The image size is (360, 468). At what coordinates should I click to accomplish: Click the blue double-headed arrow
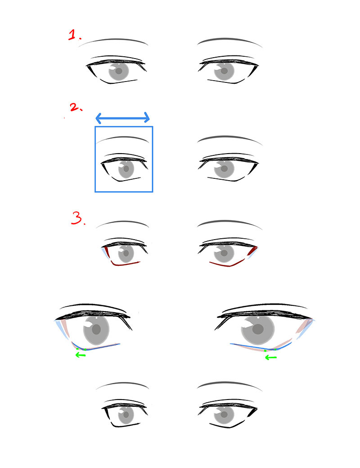[x=122, y=118]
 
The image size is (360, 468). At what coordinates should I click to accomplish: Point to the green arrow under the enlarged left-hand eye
[x=81, y=355]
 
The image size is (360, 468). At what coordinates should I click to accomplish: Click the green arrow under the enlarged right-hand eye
[x=271, y=357]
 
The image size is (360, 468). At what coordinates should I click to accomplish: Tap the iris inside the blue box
[x=126, y=169]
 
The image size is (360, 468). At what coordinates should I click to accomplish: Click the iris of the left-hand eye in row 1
[x=119, y=71]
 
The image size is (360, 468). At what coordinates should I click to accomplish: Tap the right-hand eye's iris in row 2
[x=224, y=169]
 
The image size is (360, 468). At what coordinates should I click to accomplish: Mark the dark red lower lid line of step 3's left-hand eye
[x=125, y=264]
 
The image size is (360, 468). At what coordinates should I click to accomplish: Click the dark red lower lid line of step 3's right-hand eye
[x=227, y=264]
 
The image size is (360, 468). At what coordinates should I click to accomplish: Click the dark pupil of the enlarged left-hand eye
[x=96, y=330]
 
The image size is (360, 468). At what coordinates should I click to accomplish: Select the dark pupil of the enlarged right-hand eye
[x=258, y=329]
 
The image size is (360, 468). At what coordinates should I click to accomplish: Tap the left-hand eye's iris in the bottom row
[x=126, y=415]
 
